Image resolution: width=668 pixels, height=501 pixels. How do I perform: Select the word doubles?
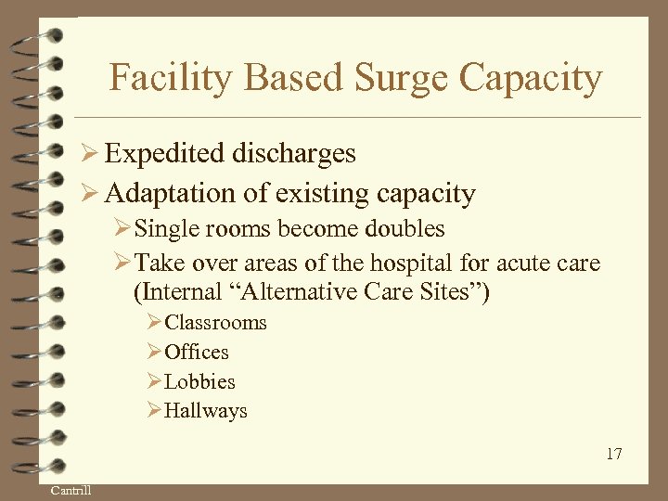coord(407,228)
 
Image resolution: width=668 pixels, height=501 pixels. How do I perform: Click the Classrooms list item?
coord(214,323)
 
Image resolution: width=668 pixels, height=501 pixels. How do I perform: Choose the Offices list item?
coord(196,353)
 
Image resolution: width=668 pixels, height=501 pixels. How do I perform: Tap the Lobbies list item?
coord(199,382)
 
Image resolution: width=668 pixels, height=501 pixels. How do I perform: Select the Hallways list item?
coord(205,411)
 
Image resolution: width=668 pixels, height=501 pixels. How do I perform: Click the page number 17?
coord(613,454)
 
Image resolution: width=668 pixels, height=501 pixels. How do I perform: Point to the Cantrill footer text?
coord(71,490)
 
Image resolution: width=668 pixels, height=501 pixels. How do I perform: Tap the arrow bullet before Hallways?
coord(154,411)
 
